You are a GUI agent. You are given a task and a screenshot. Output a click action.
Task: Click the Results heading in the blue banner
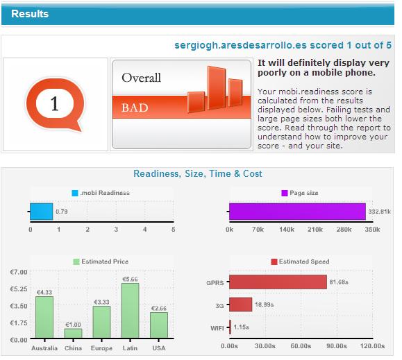click(x=30, y=14)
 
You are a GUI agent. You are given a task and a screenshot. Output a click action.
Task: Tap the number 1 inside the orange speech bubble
click(x=55, y=103)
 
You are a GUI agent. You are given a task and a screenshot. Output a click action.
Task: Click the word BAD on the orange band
click(x=135, y=108)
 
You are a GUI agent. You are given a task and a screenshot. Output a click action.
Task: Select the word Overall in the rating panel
click(x=141, y=78)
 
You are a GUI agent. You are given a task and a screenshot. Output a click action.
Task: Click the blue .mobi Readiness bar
click(x=42, y=212)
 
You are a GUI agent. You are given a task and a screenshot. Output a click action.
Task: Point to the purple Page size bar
click(x=297, y=212)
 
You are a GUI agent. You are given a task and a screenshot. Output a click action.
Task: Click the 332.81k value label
click(x=380, y=212)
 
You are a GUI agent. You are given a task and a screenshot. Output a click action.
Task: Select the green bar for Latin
click(x=131, y=310)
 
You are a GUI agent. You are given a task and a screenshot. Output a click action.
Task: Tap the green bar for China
click(x=73, y=333)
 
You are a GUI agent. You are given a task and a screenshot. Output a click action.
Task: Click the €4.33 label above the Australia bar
click(x=44, y=293)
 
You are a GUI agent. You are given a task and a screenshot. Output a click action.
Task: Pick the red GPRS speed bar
click(x=278, y=282)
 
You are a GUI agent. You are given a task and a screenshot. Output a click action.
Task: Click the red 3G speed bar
click(x=240, y=305)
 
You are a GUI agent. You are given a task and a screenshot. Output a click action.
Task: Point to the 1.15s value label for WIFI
click(x=241, y=327)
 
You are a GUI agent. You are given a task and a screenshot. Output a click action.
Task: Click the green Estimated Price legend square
click(x=76, y=262)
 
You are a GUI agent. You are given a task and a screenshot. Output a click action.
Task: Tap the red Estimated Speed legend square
click(x=274, y=262)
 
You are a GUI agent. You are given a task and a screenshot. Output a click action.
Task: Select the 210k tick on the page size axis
click(x=315, y=230)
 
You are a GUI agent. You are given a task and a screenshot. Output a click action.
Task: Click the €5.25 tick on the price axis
click(x=19, y=289)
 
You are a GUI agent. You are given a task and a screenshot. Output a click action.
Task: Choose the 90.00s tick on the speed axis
click(x=336, y=346)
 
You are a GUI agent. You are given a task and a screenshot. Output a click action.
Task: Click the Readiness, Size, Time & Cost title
click(x=198, y=173)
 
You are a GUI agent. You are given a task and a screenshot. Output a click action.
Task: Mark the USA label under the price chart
click(x=159, y=348)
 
